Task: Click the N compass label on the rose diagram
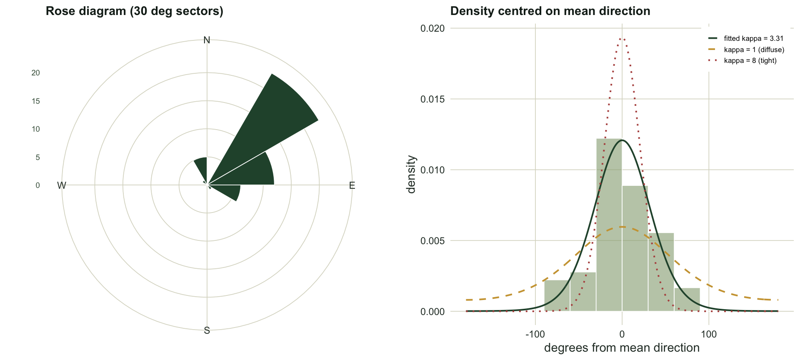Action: pos(207,40)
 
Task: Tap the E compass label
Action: pos(352,185)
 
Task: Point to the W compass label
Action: pos(62,185)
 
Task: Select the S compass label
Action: pos(207,331)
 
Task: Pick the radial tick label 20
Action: pos(36,73)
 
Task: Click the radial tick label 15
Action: pos(36,101)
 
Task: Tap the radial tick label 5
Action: pos(38,157)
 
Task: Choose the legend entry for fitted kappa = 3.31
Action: pos(746,38)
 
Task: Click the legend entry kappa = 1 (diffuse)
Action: pos(746,50)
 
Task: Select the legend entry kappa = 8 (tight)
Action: pos(742,60)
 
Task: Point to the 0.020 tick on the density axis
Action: pos(432,28)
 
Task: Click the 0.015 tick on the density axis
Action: pos(432,99)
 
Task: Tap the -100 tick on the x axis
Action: pos(535,334)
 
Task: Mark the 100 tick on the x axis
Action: pos(709,334)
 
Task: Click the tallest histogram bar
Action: pos(609,225)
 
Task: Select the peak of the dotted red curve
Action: pos(622,38)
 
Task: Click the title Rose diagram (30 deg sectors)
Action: pos(135,11)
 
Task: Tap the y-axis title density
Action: pos(411,174)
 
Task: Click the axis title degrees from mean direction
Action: pos(622,348)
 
